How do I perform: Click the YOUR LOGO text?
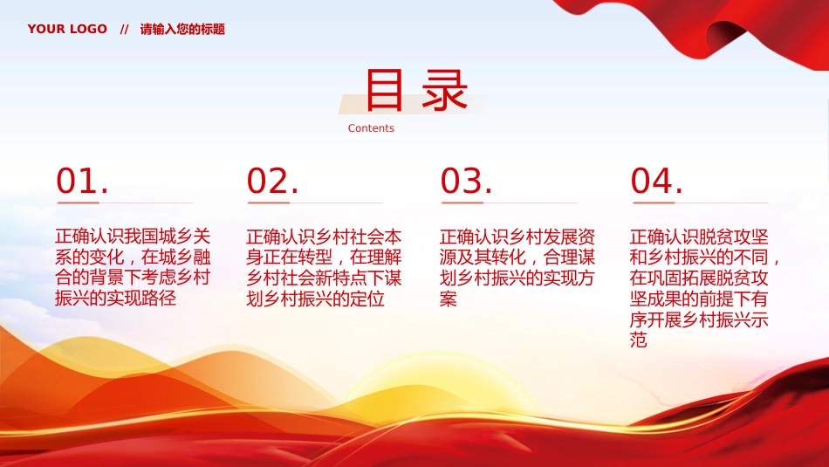coord(67,29)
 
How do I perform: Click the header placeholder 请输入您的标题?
coord(182,29)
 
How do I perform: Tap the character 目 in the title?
coord(384,91)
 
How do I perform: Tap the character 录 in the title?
coord(444,91)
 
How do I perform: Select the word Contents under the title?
coord(371,128)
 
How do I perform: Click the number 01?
coord(82,182)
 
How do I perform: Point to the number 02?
coord(272,182)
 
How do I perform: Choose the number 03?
coord(466,182)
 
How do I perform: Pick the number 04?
coord(656,182)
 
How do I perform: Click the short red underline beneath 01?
coord(76,203)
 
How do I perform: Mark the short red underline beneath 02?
coord(267,203)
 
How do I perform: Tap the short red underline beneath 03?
coord(461,203)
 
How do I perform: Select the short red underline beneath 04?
coord(652,203)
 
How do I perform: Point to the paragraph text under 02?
coord(324,268)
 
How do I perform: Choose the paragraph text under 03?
coord(517,268)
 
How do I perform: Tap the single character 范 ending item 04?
coord(639,341)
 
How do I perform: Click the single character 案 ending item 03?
coord(449,299)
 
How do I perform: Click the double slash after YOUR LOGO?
coord(124,29)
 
